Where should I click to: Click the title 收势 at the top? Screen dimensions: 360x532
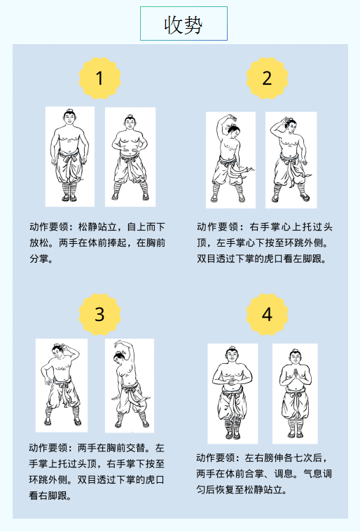[x=184, y=25]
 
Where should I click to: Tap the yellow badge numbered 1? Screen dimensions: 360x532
[x=99, y=78]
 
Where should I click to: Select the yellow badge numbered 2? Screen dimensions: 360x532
[x=267, y=78]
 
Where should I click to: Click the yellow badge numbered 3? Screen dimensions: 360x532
[x=99, y=314]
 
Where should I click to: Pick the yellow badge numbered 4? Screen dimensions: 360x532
[x=267, y=314]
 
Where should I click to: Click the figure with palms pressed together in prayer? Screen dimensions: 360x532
[x=295, y=394]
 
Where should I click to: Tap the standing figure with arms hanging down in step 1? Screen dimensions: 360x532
[x=70, y=156]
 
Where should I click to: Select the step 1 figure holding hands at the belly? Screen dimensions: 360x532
[x=130, y=157]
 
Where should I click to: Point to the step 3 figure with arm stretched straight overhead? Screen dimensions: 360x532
[x=130, y=386]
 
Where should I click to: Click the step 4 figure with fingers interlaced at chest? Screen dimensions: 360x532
[x=233, y=394]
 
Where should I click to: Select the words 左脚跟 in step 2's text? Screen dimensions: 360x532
[x=307, y=259]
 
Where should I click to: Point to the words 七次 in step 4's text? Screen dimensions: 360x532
[x=303, y=458]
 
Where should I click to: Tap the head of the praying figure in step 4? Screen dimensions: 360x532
[x=295, y=357]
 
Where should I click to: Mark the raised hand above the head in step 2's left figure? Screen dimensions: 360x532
[x=232, y=117]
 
